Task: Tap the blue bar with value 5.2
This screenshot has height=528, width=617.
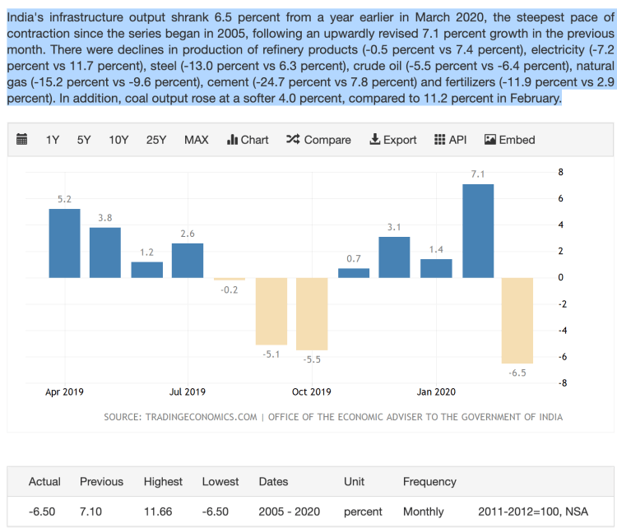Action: point(64,243)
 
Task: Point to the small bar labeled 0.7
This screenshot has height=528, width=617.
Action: point(354,272)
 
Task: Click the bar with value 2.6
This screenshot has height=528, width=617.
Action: point(188,260)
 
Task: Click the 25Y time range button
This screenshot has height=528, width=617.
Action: point(156,140)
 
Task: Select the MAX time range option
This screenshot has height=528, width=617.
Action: point(196,140)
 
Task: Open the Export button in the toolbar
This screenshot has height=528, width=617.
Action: point(393,140)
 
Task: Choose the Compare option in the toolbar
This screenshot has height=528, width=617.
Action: point(318,140)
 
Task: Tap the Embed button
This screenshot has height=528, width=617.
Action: point(510,140)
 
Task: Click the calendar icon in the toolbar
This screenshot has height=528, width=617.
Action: point(22,139)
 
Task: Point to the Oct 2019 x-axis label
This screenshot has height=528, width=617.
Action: point(312,392)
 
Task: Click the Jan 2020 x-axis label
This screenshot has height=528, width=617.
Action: point(436,392)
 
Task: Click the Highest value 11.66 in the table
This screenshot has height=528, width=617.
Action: point(158,512)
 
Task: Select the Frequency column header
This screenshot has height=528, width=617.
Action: point(429,481)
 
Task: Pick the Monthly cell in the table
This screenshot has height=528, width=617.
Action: point(423,512)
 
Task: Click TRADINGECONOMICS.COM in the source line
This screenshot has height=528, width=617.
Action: point(202,417)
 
